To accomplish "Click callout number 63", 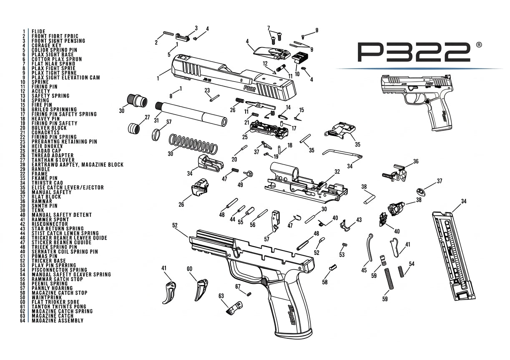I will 221,296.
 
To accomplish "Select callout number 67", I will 238,286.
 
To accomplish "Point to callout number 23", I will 207,90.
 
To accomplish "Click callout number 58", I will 325,282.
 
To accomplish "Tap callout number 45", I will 364,270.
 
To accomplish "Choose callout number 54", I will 412,264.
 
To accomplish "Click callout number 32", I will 337,172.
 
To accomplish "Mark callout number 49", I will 240,185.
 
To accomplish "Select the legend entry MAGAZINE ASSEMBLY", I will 57,320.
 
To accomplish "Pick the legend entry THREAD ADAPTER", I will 52,155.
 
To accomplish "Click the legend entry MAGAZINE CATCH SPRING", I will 62,311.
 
